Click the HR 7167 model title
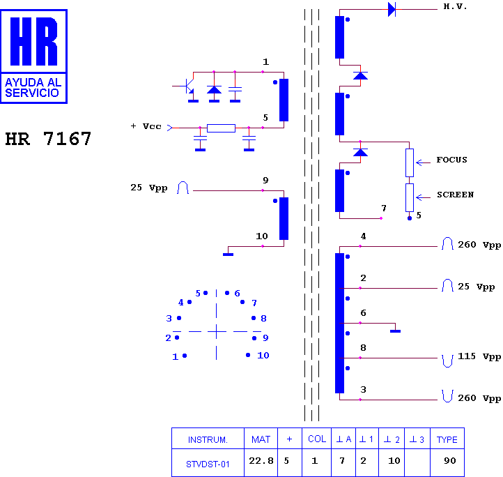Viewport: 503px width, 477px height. pyautogui.click(x=48, y=139)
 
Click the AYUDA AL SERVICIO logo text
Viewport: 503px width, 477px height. pyautogui.click(x=33, y=87)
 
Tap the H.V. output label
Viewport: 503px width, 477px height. pyautogui.click(x=455, y=6)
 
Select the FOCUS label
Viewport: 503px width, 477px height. pyautogui.click(x=451, y=160)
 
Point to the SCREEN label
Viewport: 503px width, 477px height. pyautogui.click(x=455, y=195)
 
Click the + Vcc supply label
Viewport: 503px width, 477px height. pyautogui.click(x=146, y=126)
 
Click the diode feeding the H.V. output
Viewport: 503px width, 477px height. pyautogui.click(x=392, y=9)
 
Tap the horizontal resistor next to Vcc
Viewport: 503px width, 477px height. pyautogui.click(x=221, y=128)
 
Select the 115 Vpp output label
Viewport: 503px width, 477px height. pyautogui.click(x=479, y=356)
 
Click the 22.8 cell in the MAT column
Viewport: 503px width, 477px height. pyautogui.click(x=261, y=461)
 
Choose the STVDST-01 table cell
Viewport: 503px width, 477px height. pyautogui.click(x=208, y=464)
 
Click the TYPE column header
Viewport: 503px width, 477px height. pyautogui.click(x=447, y=439)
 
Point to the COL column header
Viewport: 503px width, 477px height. pyautogui.click(x=317, y=439)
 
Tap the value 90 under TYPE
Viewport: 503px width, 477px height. pyautogui.click(x=450, y=461)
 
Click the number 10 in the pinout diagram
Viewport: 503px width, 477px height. pyautogui.click(x=263, y=355)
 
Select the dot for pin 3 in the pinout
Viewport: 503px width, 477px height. pyautogui.click(x=179, y=318)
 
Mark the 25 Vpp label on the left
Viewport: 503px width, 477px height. pyautogui.click(x=149, y=188)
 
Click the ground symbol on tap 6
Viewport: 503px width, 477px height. pyautogui.click(x=395, y=331)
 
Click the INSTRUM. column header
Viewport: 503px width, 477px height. pyautogui.click(x=208, y=440)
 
